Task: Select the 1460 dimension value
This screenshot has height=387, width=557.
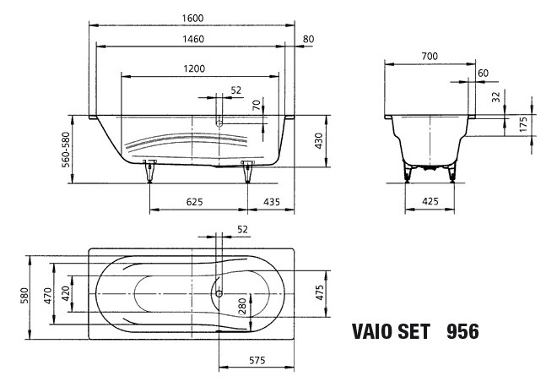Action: pos(192,39)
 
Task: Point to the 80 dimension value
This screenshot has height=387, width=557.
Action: pos(308,39)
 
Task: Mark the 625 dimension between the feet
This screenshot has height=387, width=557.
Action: pos(195,203)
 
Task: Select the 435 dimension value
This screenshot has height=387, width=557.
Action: pos(272,203)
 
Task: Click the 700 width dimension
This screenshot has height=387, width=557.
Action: pos(430,56)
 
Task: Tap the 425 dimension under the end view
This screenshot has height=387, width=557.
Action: pos(430,203)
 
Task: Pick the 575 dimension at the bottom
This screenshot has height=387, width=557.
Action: pos(258,362)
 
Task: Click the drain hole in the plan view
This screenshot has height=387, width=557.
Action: pos(219,294)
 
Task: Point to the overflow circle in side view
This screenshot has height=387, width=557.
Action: pos(219,123)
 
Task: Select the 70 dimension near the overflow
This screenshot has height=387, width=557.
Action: pos(257,106)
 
